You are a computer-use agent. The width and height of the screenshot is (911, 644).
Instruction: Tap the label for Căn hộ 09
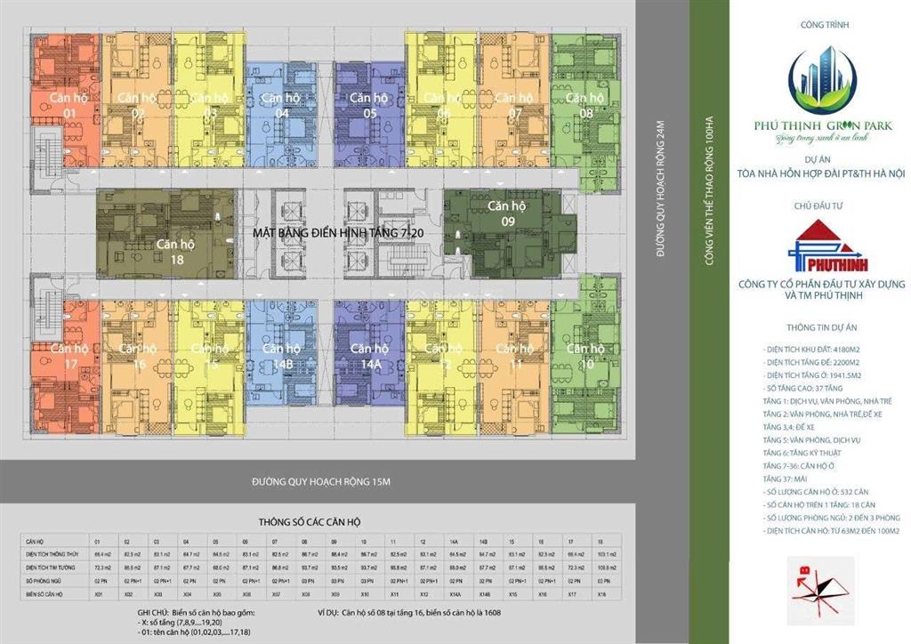click(x=507, y=213)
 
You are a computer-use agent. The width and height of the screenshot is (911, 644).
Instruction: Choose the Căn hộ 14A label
click(x=369, y=355)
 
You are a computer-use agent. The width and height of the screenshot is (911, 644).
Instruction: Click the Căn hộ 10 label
click(x=585, y=355)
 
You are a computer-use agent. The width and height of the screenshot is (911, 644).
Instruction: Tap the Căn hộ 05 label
click(x=369, y=105)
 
